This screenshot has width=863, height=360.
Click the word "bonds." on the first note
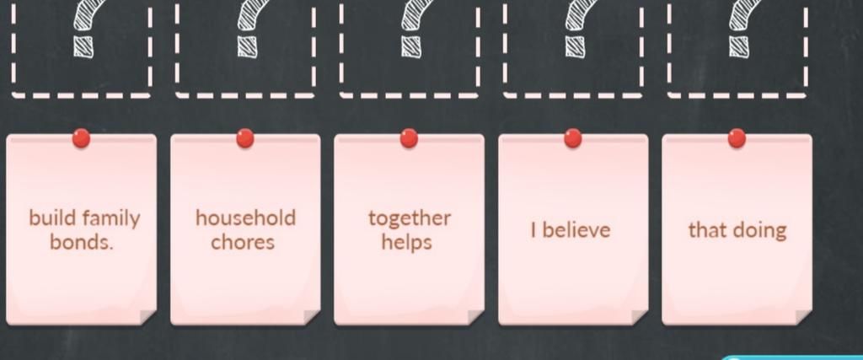tap(82, 242)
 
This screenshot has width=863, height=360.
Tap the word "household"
tap(245, 218)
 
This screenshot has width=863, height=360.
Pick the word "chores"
tap(243, 242)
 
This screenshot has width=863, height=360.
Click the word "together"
tap(410, 218)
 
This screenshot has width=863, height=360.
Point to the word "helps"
tap(407, 243)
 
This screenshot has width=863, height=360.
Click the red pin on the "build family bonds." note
tap(82, 138)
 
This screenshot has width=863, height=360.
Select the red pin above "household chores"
tap(245, 138)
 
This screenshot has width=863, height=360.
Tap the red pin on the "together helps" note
tap(409, 138)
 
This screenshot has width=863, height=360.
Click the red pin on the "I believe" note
tap(573, 138)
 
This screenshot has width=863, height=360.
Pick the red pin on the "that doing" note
tap(737, 138)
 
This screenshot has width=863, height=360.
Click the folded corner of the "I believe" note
tap(640, 317)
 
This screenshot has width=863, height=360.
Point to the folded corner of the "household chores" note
tap(312, 317)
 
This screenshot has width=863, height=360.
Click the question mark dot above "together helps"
tap(410, 46)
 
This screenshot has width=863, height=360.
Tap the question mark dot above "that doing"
tap(738, 46)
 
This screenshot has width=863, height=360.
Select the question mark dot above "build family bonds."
tap(83, 46)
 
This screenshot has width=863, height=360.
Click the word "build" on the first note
tap(53, 218)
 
